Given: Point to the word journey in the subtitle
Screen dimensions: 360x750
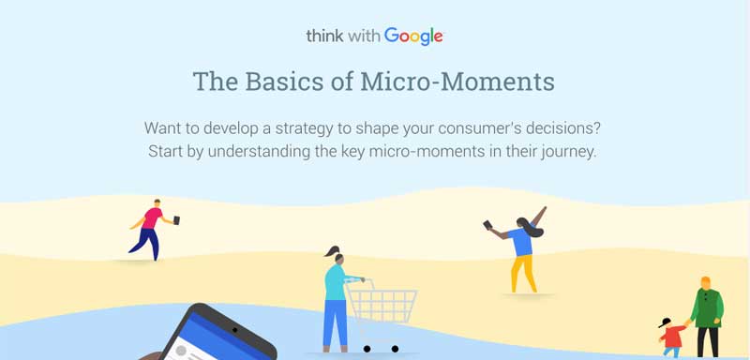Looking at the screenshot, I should (565, 151).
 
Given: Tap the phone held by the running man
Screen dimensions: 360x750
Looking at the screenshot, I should (176, 219).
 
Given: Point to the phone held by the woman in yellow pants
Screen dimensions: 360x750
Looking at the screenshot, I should (487, 225).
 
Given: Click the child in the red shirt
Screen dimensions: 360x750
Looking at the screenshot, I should (671, 337).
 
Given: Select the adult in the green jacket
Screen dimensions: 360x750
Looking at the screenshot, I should (707, 314).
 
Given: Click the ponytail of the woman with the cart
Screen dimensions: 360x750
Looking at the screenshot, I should (326, 254).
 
